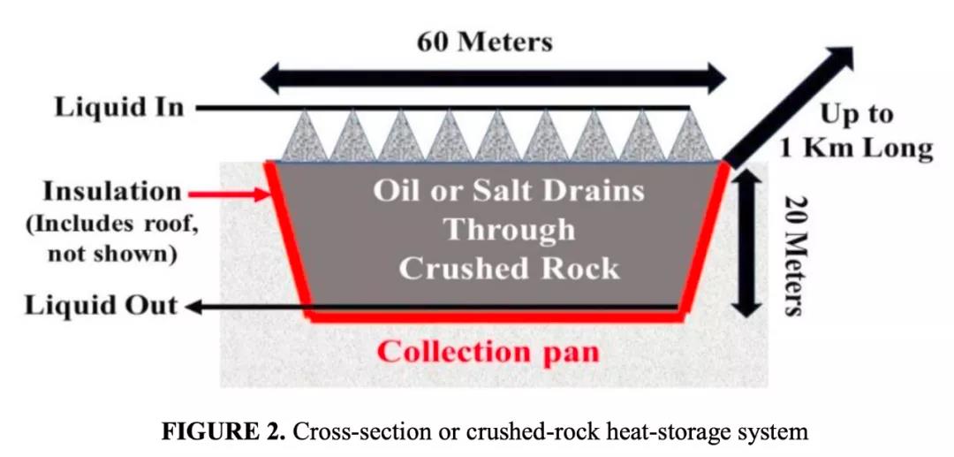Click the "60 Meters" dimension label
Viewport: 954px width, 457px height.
click(x=485, y=41)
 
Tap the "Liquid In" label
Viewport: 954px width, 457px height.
click(x=119, y=108)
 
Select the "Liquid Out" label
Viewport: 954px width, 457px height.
click(x=101, y=307)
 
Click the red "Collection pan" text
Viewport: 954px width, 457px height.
click(x=488, y=351)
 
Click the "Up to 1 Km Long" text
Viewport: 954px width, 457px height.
click(x=855, y=131)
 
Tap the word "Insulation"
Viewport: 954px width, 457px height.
click(x=112, y=191)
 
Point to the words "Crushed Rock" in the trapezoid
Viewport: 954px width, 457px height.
click(x=509, y=268)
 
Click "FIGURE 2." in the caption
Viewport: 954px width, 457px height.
click(x=224, y=432)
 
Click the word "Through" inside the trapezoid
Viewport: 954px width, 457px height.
click(x=509, y=230)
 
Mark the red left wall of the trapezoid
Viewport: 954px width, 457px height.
click(x=287, y=239)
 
